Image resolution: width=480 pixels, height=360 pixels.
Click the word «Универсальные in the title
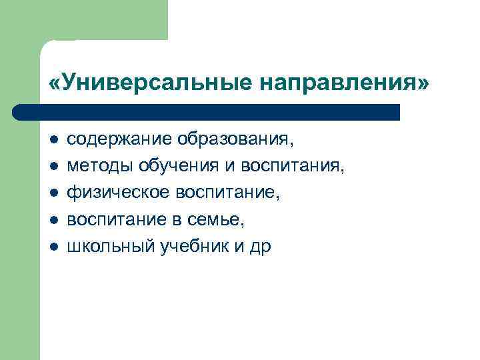[151, 84]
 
